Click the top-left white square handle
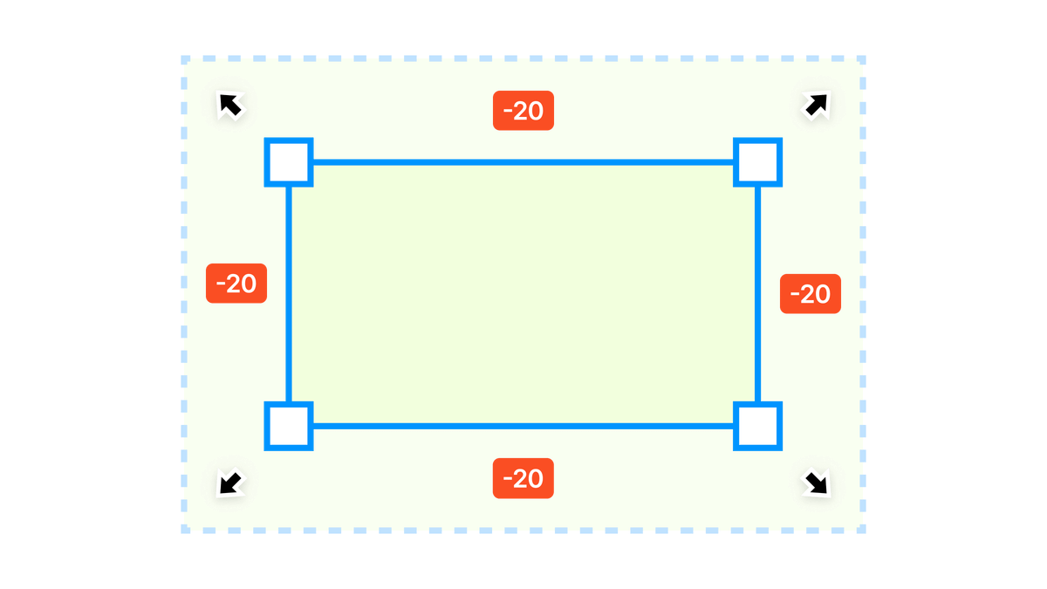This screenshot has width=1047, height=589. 288,161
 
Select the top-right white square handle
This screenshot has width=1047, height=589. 758,161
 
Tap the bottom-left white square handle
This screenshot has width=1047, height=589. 288,426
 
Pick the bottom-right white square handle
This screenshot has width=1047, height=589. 758,426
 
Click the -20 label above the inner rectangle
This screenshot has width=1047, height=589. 523,111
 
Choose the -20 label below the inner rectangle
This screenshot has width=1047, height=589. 523,478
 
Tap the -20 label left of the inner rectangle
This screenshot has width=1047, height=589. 236,284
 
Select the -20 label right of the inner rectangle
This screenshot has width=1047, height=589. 810,294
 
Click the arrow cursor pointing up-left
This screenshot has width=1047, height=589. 231,106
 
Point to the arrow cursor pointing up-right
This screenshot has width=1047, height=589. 816,106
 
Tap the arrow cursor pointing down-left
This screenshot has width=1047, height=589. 231,482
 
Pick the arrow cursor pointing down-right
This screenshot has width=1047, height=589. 816,482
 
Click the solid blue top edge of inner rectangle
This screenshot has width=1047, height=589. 523,161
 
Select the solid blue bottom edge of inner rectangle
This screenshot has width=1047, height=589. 523,426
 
